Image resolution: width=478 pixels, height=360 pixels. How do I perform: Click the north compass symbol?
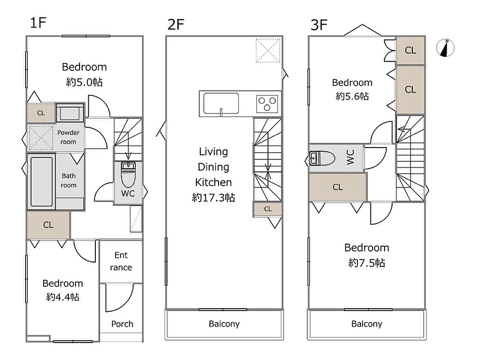(445, 48)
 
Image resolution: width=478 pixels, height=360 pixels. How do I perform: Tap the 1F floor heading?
(38, 22)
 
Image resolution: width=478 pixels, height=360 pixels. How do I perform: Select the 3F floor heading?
(319, 25)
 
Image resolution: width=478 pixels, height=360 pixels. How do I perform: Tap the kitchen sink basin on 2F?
(221, 103)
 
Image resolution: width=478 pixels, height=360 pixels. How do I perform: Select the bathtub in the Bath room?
(41, 182)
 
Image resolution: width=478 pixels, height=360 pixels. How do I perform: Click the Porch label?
(122, 324)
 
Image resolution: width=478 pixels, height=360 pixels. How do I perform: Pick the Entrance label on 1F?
(121, 261)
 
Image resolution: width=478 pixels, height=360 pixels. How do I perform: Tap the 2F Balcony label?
(224, 324)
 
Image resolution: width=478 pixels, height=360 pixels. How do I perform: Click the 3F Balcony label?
(367, 324)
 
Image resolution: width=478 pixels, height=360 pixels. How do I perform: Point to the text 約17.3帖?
(214, 198)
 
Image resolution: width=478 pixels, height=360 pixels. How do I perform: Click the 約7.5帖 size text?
(367, 263)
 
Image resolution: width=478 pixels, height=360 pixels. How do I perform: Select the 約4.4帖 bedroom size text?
(63, 297)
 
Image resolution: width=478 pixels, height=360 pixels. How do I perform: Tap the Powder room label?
(68, 137)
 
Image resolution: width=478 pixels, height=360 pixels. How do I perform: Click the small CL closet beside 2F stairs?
(268, 209)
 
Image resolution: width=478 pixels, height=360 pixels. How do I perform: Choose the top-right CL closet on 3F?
(410, 50)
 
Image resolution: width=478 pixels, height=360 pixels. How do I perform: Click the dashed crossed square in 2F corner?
(268, 50)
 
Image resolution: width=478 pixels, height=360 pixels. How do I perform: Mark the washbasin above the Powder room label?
(70, 113)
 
